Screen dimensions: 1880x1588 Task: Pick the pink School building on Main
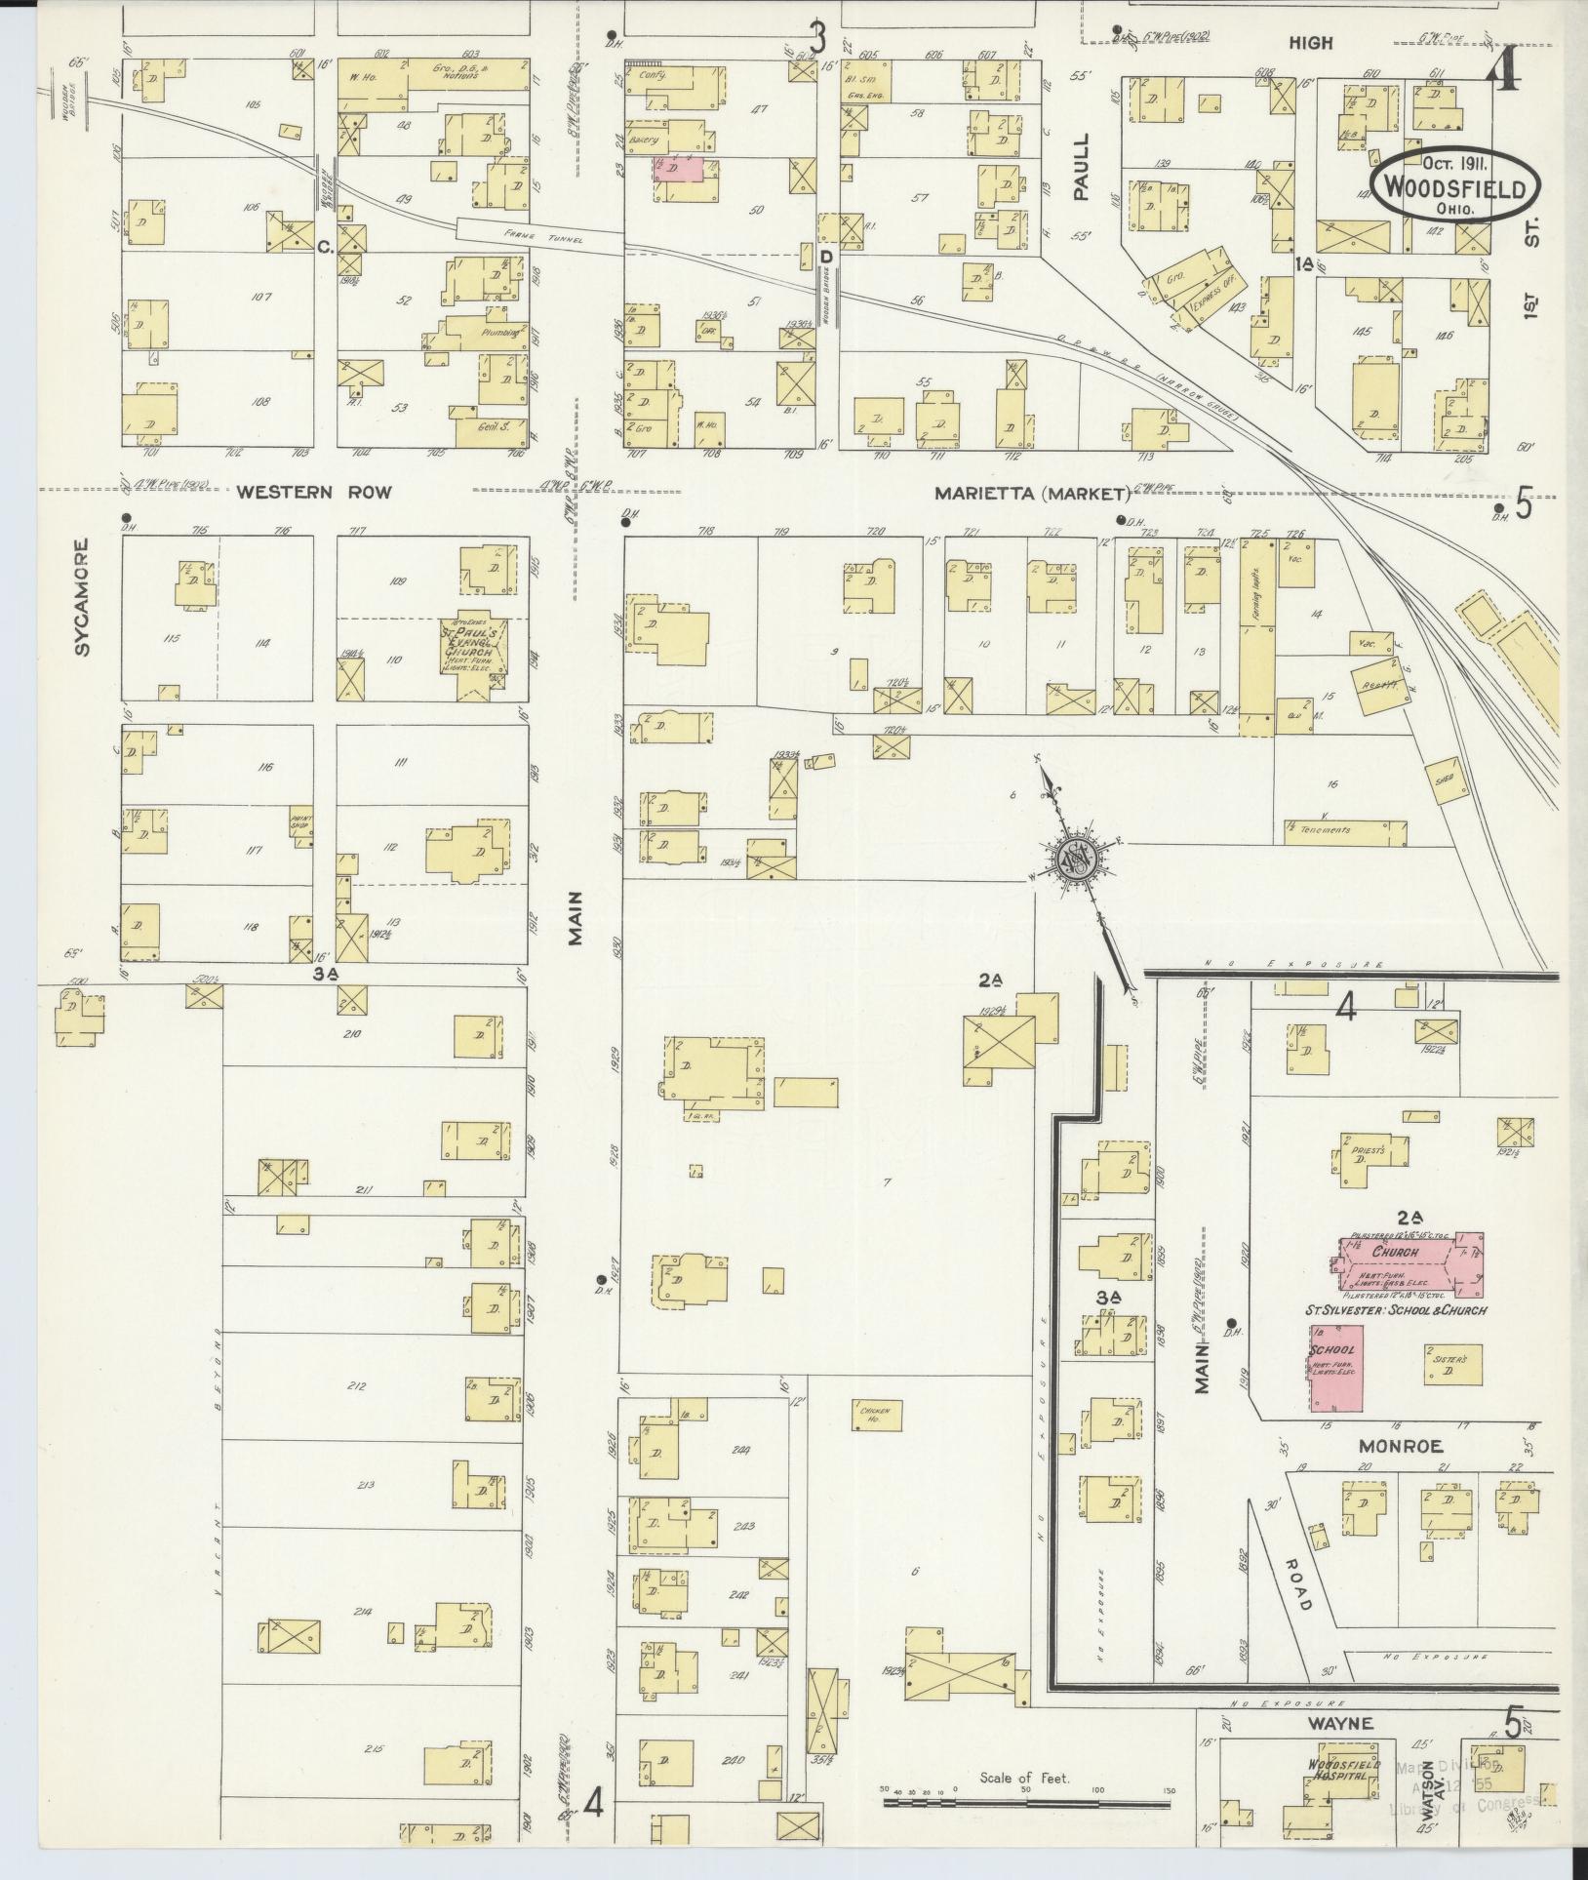pyautogui.click(x=1335, y=1367)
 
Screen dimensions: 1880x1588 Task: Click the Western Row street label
pyautogui.click(x=314, y=493)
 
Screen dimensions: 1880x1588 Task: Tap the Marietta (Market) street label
pyautogui.click(x=1031, y=494)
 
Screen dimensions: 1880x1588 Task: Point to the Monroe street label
pyautogui.click(x=1401, y=1446)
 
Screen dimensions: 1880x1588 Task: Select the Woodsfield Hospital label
pyautogui.click(x=1345, y=1772)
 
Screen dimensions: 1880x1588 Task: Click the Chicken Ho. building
pyautogui.click(x=875, y=1413)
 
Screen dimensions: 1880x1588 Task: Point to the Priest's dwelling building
pyautogui.click(x=1370, y=1152)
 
